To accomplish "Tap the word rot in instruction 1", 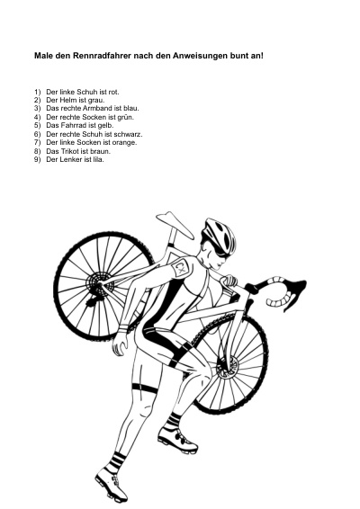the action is [113, 92].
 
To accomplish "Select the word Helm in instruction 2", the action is [68, 101].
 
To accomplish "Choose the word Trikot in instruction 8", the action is [70, 151].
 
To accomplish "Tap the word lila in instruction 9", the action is [98, 159].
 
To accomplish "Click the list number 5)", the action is [38, 125].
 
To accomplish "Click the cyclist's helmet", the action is [220, 236].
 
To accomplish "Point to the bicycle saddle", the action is [175, 224].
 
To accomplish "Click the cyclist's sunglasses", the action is [218, 250].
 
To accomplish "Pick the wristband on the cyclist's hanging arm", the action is [123, 328].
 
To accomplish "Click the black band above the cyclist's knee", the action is [145, 388].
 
